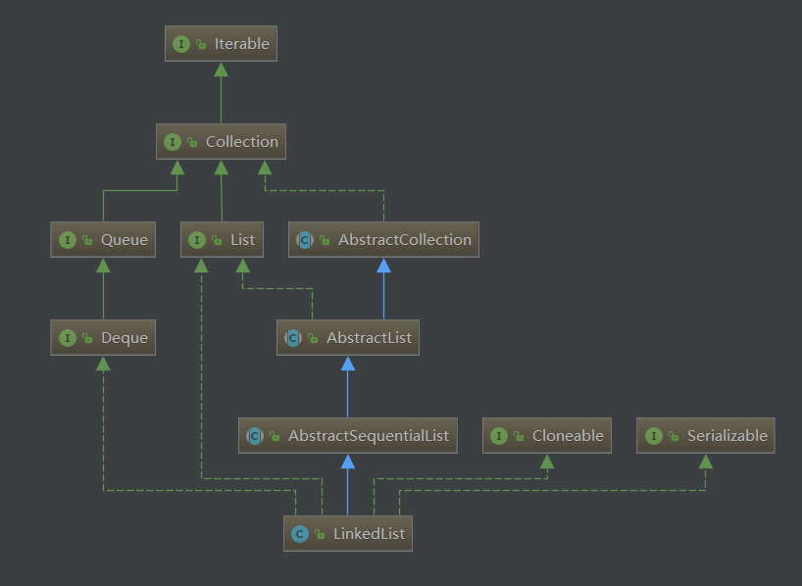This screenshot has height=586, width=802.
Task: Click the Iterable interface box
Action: click(221, 44)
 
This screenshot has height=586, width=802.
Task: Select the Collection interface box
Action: click(221, 142)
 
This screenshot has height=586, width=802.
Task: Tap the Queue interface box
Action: click(103, 239)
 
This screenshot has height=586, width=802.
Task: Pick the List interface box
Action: click(222, 239)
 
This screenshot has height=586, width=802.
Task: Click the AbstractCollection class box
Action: click(383, 239)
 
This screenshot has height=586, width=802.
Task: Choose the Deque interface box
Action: click(103, 338)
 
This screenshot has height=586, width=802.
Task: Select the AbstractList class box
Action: click(348, 338)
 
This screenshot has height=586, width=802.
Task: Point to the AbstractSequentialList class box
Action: click(348, 435)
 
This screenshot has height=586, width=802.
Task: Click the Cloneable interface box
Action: click(547, 435)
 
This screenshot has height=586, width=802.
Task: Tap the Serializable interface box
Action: click(706, 435)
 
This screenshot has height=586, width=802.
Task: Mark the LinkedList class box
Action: click(348, 534)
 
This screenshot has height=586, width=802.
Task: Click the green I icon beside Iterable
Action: click(181, 44)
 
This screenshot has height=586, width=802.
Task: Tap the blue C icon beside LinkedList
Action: click(300, 534)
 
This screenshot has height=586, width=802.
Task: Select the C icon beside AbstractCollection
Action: click(305, 239)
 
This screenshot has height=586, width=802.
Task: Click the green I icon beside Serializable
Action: click(654, 435)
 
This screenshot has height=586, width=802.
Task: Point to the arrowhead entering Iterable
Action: click(221, 69)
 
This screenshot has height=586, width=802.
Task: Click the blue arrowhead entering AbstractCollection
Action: click(383, 265)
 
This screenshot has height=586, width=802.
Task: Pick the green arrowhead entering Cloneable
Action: click(547, 461)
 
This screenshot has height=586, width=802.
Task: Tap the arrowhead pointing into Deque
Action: click(103, 364)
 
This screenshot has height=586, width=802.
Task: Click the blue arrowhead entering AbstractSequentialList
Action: click(348, 461)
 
